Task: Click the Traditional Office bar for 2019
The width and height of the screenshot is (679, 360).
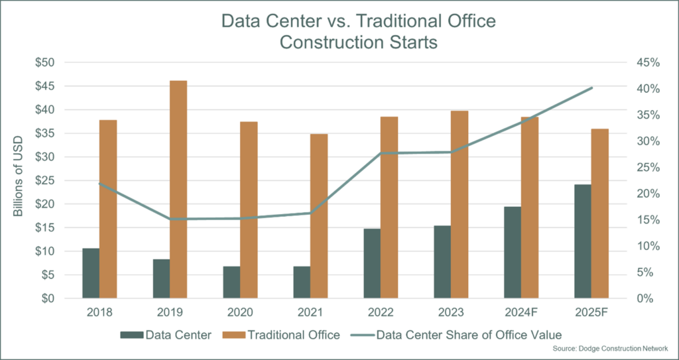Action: pyautogui.click(x=178, y=190)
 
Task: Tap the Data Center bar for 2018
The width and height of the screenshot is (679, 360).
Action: pyautogui.click(x=91, y=273)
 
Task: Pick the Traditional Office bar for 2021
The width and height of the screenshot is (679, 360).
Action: pyautogui.click(x=318, y=216)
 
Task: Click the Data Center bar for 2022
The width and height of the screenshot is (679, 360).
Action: pyautogui.click(x=372, y=263)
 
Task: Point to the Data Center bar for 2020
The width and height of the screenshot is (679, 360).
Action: pyautogui.click(x=231, y=282)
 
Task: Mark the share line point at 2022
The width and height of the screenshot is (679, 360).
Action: pyautogui.click(x=380, y=153)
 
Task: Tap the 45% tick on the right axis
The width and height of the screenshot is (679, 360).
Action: pyautogui.click(x=643, y=62)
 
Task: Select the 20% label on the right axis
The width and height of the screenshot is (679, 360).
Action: pyautogui.click(x=643, y=194)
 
